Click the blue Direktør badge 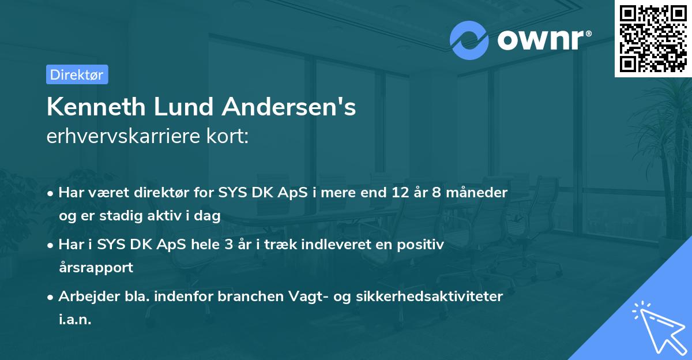point(77,74)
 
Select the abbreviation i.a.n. point(75,320)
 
